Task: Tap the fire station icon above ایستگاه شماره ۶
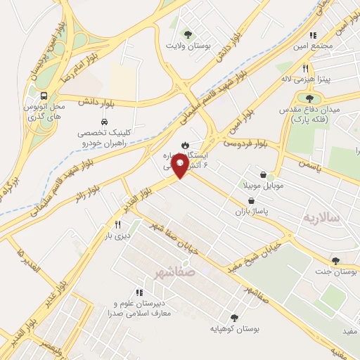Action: coord(184,144)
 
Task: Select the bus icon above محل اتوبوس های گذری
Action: coord(44,96)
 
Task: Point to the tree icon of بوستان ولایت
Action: coord(187,34)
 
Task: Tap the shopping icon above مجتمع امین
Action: coord(311,34)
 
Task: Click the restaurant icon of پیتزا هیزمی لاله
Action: coord(305,69)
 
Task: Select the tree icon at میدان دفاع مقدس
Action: coord(309,98)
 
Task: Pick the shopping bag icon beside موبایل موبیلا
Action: coord(263,174)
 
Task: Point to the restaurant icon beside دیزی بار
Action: coord(118,225)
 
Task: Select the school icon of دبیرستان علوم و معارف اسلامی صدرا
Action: coord(139,292)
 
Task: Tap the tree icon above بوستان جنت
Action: coord(335,260)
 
